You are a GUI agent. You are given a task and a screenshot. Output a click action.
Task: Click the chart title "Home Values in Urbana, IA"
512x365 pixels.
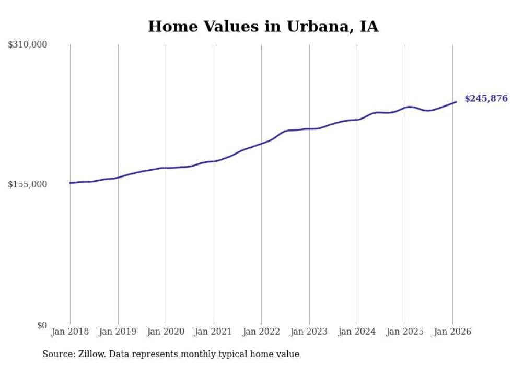point(263,26)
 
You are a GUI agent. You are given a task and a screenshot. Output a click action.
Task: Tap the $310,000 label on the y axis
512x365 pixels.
point(28,45)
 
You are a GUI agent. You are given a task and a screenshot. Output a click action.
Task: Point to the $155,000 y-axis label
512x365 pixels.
point(28,184)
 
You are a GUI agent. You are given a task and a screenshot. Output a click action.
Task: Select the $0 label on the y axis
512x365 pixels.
point(42,325)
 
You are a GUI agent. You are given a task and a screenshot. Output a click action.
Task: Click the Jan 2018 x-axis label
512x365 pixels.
point(70,332)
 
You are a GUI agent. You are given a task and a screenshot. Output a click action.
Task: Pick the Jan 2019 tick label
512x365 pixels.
point(118,332)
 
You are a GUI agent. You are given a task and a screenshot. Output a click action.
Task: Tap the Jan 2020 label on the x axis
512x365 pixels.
point(166,332)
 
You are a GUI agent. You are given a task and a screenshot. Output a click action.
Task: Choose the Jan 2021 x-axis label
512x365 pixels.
point(214,332)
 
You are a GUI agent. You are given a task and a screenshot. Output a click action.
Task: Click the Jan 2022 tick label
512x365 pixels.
point(261,332)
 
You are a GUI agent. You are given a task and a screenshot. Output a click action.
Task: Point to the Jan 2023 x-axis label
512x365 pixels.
point(309,332)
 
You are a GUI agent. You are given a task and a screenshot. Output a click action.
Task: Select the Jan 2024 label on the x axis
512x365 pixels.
point(357,332)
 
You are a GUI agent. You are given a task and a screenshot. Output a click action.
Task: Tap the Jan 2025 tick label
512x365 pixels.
point(405,332)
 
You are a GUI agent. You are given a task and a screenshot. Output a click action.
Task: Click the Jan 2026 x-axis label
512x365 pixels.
point(452,332)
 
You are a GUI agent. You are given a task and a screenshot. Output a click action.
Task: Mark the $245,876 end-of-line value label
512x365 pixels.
point(486,99)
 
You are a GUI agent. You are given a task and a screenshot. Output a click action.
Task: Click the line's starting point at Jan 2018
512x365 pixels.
point(70,183)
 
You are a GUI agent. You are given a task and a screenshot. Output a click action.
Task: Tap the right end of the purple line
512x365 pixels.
point(456,102)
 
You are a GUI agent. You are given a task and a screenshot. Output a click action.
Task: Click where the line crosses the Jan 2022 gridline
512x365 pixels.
point(261,143)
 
